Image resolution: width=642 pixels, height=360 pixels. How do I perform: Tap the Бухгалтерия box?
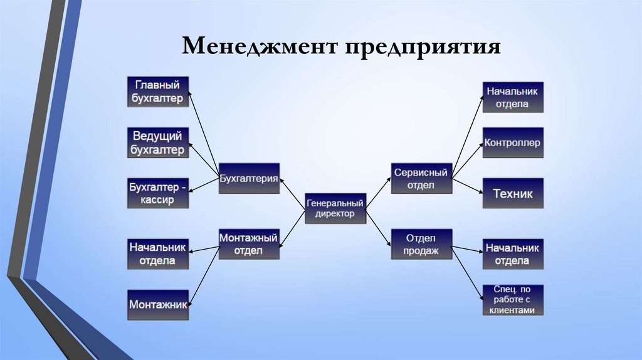pos(249,179)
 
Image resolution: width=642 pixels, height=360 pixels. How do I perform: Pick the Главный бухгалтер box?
pos(158,92)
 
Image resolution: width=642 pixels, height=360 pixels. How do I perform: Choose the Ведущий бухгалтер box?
pos(158,142)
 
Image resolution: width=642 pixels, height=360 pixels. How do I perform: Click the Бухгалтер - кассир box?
pos(158,193)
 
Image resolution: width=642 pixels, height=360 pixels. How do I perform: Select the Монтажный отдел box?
pos(249,244)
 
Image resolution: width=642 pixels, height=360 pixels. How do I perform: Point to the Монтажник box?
pos(158,304)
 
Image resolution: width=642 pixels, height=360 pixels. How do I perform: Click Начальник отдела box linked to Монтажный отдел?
pos(158,254)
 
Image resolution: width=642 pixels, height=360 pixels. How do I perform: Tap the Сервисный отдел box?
pos(421,179)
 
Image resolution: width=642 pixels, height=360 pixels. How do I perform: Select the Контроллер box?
pos(512,142)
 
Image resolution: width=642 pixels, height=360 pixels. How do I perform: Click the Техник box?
pos(512,193)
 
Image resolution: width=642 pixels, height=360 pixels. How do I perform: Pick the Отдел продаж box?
pos(421,244)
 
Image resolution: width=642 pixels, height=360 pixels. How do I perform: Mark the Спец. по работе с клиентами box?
pos(512,300)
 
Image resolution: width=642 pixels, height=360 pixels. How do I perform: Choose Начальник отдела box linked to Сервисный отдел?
pos(512,97)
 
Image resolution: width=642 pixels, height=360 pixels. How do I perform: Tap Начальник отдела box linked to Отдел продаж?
pos(512,254)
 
